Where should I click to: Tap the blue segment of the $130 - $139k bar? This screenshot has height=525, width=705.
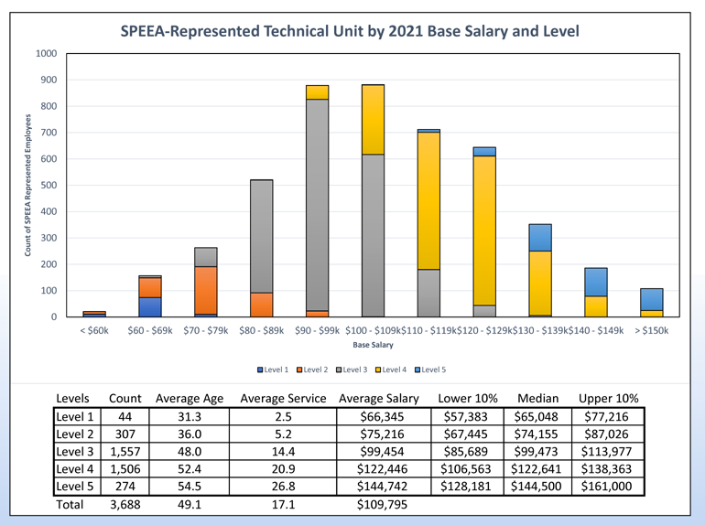pyautogui.click(x=540, y=237)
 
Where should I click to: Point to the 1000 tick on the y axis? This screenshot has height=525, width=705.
pyautogui.click(x=45, y=54)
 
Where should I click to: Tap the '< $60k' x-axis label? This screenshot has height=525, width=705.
pyautogui.click(x=94, y=330)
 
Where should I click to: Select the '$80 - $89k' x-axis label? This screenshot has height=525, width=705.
pyautogui.click(x=261, y=330)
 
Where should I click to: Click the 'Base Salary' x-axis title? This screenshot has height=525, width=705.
pyautogui.click(x=373, y=345)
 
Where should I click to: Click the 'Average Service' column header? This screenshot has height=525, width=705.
pyautogui.click(x=281, y=399)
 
